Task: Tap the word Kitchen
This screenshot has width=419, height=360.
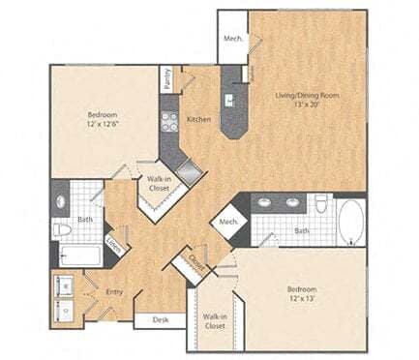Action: (199, 119)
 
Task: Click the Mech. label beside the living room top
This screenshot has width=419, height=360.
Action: (232, 39)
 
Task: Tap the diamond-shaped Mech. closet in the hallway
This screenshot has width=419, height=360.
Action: (229, 223)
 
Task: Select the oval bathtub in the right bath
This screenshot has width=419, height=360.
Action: (349, 220)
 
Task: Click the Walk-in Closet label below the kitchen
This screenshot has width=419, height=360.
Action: (157, 184)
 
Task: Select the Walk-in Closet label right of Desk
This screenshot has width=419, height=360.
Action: (214, 321)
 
